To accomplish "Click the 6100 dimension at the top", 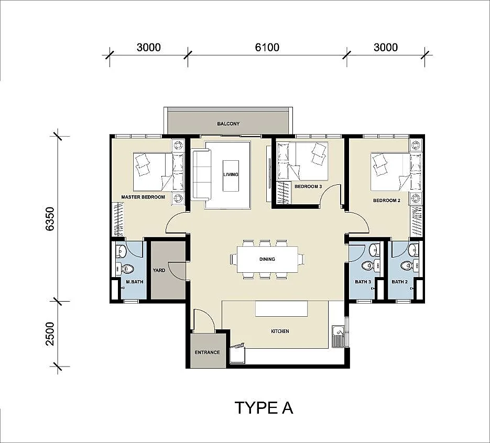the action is [x=267, y=47].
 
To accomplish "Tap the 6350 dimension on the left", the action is [x=50, y=218].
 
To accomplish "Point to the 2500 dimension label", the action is [x=50, y=334].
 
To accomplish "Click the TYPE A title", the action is [x=264, y=408].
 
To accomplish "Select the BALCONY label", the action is [x=228, y=124].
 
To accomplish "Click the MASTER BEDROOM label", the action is [x=143, y=197].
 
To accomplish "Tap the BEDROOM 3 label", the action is [x=308, y=186].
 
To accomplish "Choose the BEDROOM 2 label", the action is [x=387, y=201].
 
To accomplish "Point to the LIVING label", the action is [x=231, y=174].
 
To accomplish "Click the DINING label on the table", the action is [x=267, y=259].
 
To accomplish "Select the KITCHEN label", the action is [x=280, y=331].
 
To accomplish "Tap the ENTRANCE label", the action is [x=208, y=352].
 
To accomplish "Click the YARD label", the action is [x=159, y=270].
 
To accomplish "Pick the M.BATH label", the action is [x=135, y=282].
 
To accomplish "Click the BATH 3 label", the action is [x=363, y=282].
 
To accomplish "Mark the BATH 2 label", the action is [x=400, y=282].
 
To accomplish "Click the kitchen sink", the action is [x=338, y=337].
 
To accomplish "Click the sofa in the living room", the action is [x=201, y=175].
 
